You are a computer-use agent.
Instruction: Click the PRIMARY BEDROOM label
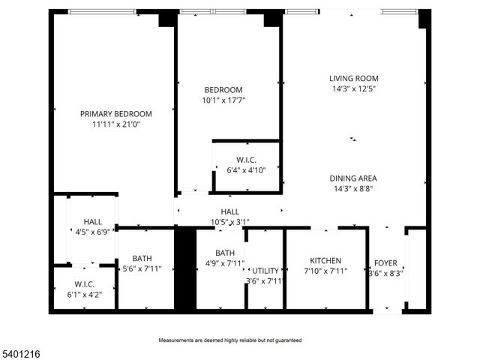116,114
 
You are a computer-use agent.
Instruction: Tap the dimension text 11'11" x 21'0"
116,124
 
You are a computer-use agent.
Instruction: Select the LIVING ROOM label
353,78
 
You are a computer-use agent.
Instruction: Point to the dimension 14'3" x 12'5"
353,88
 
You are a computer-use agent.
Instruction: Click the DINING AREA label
352,178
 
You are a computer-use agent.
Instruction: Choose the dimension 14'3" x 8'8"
352,189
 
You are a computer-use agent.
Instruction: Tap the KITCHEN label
325,261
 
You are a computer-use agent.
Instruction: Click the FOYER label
385,264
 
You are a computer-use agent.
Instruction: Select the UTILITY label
265,271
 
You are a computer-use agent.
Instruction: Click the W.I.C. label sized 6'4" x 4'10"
246,159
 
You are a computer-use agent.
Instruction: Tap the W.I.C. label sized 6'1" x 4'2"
84,284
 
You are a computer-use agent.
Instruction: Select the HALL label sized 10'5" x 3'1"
229,211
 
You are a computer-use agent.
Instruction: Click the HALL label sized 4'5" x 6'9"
93,222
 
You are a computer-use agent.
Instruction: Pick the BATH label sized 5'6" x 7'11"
142,258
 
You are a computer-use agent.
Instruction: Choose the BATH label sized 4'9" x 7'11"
225,253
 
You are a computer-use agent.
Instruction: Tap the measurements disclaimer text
229,340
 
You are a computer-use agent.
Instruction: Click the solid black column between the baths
184,268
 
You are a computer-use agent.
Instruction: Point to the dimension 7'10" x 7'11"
325,271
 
